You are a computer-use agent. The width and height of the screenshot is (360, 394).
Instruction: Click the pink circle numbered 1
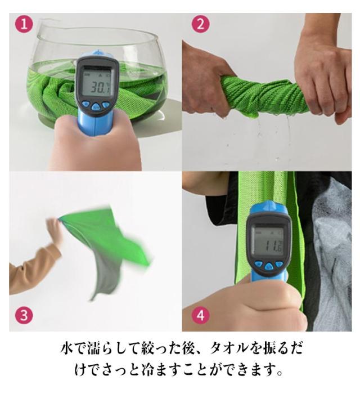tap(24, 24)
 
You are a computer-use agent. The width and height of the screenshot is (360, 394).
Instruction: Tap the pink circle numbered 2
tap(200, 24)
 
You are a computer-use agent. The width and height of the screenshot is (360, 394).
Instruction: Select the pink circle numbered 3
tap(24, 315)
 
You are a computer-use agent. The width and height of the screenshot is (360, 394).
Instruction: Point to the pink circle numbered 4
tap(201, 315)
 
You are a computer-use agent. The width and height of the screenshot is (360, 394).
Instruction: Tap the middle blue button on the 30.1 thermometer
tap(96, 106)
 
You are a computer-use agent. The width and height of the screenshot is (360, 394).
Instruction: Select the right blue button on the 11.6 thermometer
tap(279, 264)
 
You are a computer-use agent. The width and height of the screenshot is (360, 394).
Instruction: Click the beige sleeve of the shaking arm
tap(34, 269)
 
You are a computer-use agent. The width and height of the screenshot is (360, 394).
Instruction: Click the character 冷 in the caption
tap(149, 369)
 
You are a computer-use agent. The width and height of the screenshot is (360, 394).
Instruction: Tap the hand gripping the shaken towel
tap(55, 230)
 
